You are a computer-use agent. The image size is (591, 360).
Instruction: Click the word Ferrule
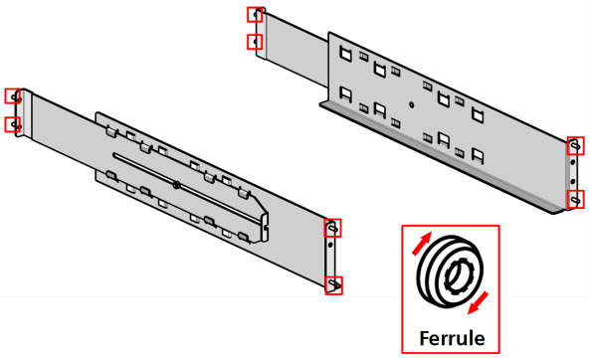coord(452,338)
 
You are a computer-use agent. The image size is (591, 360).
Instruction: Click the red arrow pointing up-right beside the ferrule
coord(422,244)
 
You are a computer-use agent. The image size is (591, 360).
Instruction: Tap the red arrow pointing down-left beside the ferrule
coord(478,302)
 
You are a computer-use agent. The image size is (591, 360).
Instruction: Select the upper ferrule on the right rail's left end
coord(256,15)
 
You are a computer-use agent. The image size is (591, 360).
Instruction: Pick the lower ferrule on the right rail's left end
coord(256,42)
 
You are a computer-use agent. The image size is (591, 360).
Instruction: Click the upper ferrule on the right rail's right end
coord(575,146)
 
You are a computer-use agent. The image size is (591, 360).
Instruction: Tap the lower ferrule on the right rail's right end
coord(575,200)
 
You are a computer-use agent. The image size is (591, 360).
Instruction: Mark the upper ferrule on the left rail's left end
coord(14,96)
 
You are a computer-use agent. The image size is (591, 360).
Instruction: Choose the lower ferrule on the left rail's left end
coord(14,124)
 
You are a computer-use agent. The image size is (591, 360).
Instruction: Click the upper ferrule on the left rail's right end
coord(333,228)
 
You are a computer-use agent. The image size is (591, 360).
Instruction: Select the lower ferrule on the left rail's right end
coord(334,284)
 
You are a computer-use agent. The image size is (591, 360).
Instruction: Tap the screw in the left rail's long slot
coord(176,185)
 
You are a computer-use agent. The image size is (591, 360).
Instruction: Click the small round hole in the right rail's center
coord(411,104)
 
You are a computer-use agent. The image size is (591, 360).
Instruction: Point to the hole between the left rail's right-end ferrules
coord(330,245)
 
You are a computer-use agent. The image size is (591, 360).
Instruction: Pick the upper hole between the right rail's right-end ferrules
coord(572,163)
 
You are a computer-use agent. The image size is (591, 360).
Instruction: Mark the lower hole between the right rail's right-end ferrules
coord(573,182)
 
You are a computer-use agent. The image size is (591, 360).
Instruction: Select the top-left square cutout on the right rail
coord(345,54)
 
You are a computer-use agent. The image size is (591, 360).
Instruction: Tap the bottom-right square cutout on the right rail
coord(478,155)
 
